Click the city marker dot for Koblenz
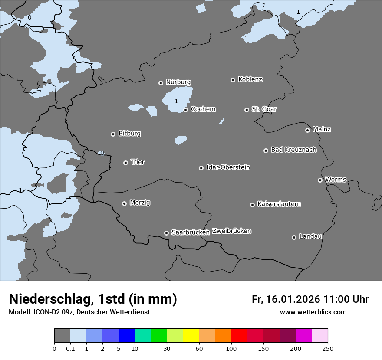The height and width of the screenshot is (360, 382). click(233, 80)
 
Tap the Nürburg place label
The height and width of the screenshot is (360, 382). click(178, 82)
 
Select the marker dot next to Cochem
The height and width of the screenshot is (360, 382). click(186, 110)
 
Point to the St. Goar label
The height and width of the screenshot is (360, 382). click(264, 109)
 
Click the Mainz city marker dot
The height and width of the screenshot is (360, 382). click(308, 130)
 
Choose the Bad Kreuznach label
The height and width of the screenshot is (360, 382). click(293, 150)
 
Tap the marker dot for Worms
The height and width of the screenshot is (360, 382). click(320, 180)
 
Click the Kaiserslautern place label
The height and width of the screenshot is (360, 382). click(279, 204)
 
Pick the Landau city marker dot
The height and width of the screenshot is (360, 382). click(294, 237)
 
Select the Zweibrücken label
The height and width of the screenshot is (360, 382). click(231, 231)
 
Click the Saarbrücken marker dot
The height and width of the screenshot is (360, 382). click(166, 233)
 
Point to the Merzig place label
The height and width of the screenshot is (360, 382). click(140, 203)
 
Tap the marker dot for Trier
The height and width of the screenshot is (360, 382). click(126, 163)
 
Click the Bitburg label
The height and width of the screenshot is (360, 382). click(129, 134)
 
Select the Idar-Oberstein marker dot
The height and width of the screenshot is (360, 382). click(201, 168)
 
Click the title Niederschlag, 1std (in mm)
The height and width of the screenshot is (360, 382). click(93, 299)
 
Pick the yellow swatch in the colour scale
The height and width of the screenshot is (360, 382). click(191, 336)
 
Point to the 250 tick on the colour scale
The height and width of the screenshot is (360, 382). click(328, 348)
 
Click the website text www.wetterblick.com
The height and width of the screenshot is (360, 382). click(313, 312)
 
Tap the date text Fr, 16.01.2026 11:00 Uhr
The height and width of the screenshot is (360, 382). click(310, 299)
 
